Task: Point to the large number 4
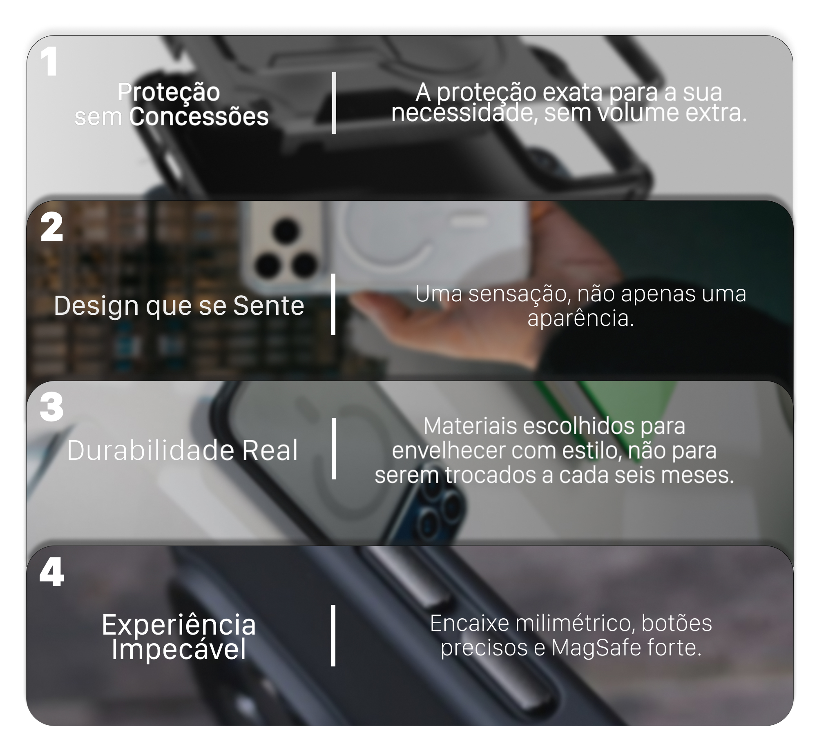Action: pyautogui.click(x=51, y=572)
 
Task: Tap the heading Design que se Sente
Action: pyautogui.click(x=179, y=305)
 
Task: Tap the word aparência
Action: pyautogui.click(x=580, y=319)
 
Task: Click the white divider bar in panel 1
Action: pyautogui.click(x=334, y=103)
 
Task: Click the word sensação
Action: pyautogui.click(x=519, y=294)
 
